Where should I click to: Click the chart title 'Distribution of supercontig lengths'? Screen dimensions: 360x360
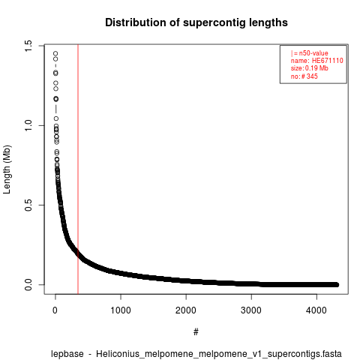pos(196,22)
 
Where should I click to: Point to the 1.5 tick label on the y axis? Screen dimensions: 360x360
pos(28,46)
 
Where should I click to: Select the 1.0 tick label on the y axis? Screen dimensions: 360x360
pos(28,125)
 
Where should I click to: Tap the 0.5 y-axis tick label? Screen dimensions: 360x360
pos(28,205)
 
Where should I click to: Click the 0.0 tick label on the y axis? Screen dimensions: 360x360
pos(28,285)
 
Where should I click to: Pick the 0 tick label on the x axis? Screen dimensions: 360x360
pos(55,310)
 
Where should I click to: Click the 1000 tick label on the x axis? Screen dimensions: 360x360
pos(121,310)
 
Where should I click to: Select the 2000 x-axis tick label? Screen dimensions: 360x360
pos(186,310)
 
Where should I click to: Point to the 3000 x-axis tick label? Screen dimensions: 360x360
pos(251,310)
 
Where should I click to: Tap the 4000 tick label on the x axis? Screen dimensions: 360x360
pos(316,310)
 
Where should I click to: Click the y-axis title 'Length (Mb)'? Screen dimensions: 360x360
pos(7,169)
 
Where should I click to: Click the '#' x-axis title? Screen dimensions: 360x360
pos(196,332)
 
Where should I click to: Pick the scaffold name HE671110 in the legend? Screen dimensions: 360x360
pos(328,61)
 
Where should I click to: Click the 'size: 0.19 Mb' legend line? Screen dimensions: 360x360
pos(310,68)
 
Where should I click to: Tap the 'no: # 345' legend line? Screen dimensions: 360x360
pos(304,76)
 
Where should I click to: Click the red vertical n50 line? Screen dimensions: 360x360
pos(78,169)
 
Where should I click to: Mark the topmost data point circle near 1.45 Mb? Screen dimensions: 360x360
pos(55,53)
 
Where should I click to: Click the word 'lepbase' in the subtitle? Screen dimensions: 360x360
pos(67,354)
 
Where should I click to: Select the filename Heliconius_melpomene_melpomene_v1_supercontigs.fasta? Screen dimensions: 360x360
pos(219,354)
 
